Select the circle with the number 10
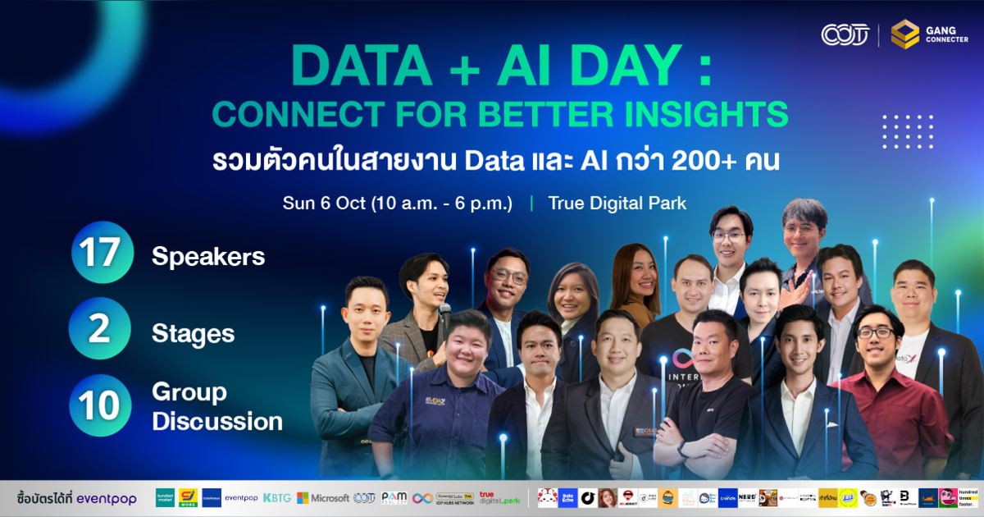pos(100,405)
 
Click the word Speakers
pos(208,257)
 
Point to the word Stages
pos(193,334)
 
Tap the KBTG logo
pos(277,498)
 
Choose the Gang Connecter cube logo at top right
pos(904,34)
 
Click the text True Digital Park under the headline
pos(617,203)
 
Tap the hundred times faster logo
pos(969,498)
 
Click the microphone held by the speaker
pos(444,311)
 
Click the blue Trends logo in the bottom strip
pos(727,498)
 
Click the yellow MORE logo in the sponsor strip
pos(188,498)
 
